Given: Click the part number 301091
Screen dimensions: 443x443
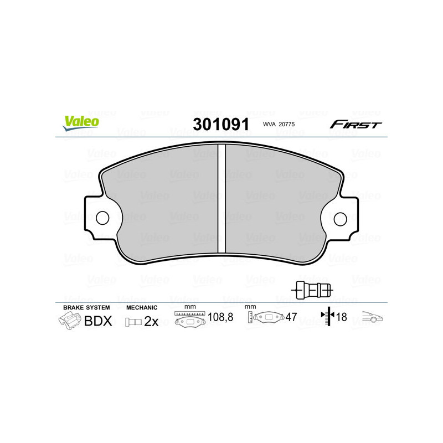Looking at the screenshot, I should (x=220, y=124).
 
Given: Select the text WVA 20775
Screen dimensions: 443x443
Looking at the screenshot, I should (x=280, y=125).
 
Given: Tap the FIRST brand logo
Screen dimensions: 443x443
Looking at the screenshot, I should (x=356, y=124).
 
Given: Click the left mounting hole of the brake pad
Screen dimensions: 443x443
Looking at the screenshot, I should (x=102, y=218).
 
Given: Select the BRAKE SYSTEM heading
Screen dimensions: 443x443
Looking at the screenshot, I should (x=86, y=307).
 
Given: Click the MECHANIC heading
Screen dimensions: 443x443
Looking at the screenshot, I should (x=142, y=307).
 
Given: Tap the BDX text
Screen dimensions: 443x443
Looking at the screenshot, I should (x=98, y=321).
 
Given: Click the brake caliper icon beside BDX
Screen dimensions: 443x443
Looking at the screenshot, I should (x=69, y=321).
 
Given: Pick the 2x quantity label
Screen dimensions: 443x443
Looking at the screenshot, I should (x=151, y=322).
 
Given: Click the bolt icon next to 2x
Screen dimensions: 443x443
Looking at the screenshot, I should (x=133, y=322).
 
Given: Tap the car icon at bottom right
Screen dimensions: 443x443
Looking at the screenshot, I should (x=373, y=318).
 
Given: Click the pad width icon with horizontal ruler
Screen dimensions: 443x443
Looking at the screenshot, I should (x=190, y=320).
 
